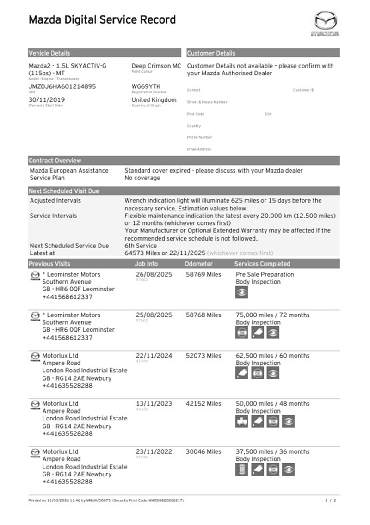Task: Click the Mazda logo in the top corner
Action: (x=327, y=24)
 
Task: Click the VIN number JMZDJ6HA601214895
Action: (x=62, y=86)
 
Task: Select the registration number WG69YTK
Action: (x=147, y=86)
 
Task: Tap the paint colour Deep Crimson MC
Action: (x=156, y=66)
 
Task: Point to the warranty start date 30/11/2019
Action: (x=47, y=99)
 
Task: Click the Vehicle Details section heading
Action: (x=49, y=53)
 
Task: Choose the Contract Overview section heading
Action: (x=55, y=161)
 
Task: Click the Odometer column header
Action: (x=198, y=264)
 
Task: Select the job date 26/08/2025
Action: (x=154, y=274)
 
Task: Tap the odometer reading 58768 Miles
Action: (x=203, y=315)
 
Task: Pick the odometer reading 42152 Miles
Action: (x=203, y=404)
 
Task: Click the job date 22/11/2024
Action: (x=154, y=356)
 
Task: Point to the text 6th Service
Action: (x=141, y=246)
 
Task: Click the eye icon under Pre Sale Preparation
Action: (x=242, y=292)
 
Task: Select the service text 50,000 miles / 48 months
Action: (x=272, y=404)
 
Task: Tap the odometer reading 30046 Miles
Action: (x=203, y=451)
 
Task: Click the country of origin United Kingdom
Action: (x=154, y=99)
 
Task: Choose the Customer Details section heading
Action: (x=211, y=53)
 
